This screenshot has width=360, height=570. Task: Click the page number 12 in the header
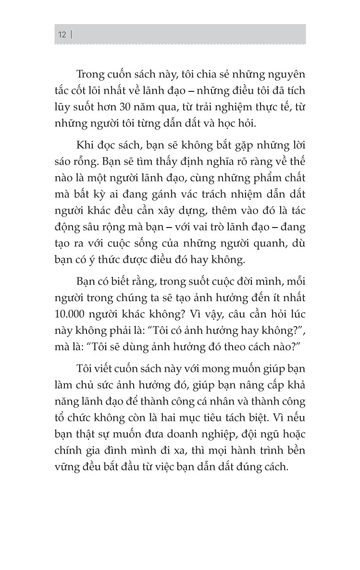[62, 35]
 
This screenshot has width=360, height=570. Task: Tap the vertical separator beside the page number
[71, 35]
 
